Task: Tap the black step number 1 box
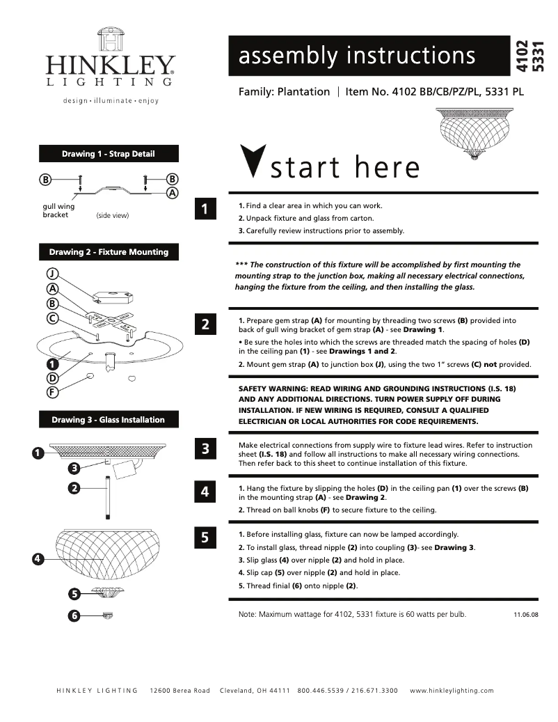click(x=205, y=209)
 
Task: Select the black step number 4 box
click(x=205, y=492)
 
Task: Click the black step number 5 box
click(x=205, y=537)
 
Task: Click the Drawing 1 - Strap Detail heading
click(x=109, y=154)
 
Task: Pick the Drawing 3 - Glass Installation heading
click(x=109, y=420)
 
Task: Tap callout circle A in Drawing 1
click(x=171, y=193)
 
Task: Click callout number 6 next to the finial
click(x=74, y=615)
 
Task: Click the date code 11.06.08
click(x=526, y=615)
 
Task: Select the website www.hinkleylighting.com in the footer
click(x=452, y=691)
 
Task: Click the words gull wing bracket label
click(x=59, y=211)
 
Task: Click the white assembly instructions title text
click(x=357, y=56)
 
